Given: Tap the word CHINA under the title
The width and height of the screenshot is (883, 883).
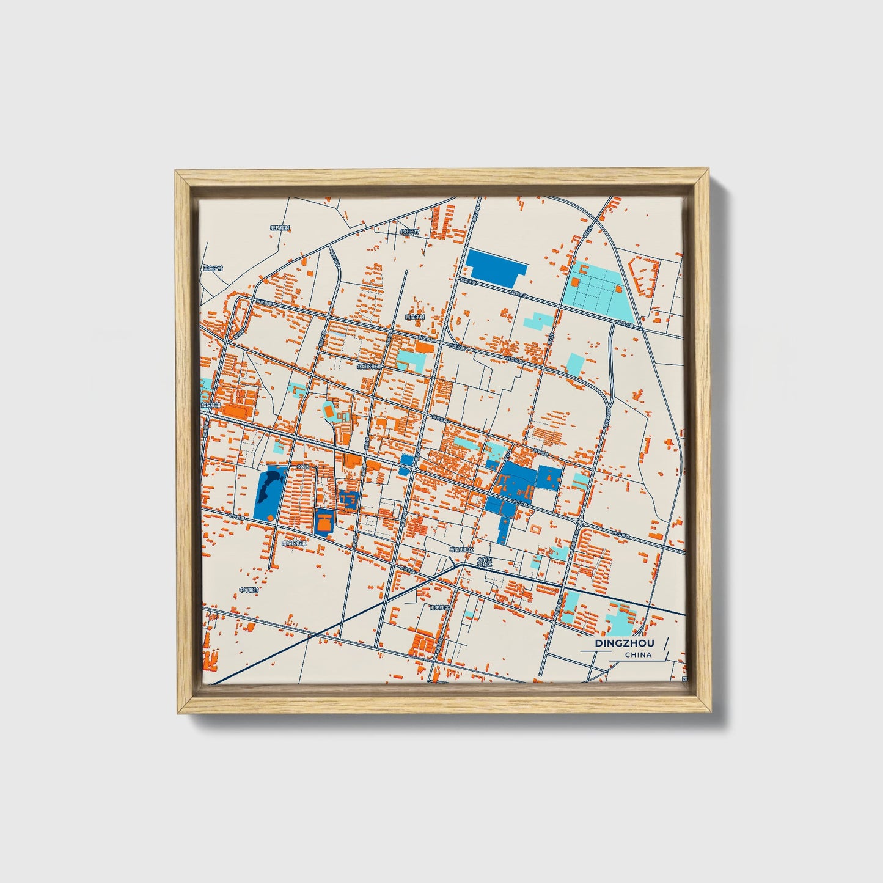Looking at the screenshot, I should click(x=638, y=655).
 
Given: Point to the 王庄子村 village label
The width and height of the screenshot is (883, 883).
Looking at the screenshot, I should click(x=213, y=268).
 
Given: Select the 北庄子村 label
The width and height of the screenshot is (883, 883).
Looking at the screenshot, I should click(x=409, y=232).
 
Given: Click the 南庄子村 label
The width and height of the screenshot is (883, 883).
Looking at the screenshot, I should click(x=414, y=317).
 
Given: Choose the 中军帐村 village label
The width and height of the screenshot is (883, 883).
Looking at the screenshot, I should click(x=249, y=590).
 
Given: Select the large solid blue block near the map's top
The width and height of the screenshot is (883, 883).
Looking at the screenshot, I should click(x=494, y=266).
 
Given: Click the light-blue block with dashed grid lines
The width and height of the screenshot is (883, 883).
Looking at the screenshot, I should click(x=593, y=289).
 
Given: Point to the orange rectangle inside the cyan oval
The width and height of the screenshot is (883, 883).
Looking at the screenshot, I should click(x=330, y=412).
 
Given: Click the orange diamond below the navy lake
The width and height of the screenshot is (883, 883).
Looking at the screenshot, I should click(x=270, y=518).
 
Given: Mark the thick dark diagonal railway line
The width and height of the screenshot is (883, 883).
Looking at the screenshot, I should click(x=342, y=623).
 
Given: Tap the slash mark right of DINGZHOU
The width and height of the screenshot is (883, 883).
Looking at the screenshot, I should click(x=665, y=643).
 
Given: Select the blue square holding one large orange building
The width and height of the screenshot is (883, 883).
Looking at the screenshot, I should click(x=324, y=522).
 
